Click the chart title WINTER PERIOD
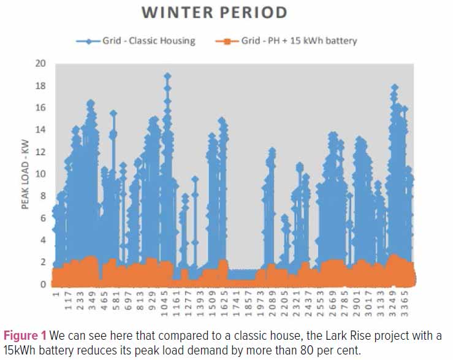click(215, 12)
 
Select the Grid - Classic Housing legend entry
click(136, 40)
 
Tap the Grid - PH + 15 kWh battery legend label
click(299, 40)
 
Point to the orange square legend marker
click(227, 41)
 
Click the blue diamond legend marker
click(89, 41)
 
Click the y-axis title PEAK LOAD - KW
click(25, 174)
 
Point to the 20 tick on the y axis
click(40, 63)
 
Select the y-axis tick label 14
click(40, 129)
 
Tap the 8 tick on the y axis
click(43, 196)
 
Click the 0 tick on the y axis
click(43, 284)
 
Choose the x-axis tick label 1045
click(164, 304)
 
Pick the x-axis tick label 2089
click(272, 304)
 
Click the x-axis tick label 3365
click(405, 304)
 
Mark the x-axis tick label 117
click(68, 301)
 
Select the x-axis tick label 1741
click(237, 304)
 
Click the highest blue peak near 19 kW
click(167, 76)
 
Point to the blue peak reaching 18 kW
click(395, 87)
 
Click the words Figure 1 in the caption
click(25, 336)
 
